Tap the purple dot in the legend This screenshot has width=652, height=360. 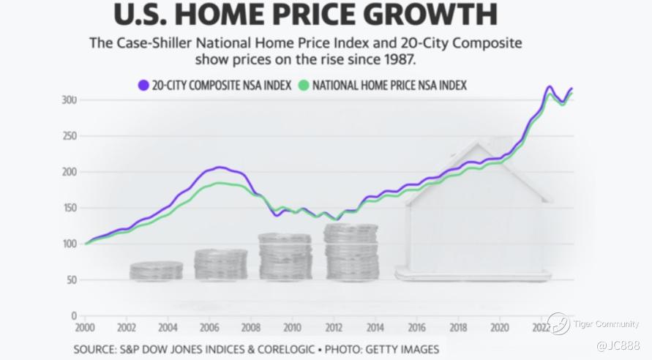143,85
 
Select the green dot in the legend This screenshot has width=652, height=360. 304,85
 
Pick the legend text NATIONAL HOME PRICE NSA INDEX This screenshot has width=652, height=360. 389,86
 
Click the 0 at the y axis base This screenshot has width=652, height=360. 74,316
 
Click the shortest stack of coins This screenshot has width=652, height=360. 157,271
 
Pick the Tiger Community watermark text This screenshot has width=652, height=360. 605,324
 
